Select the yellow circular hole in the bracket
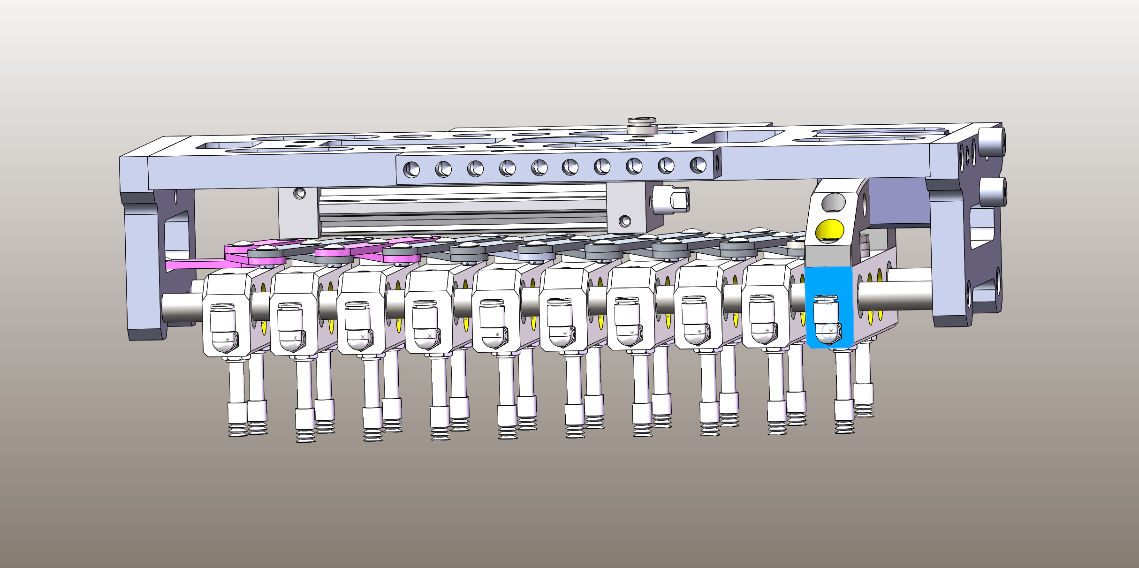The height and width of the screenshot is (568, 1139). click(829, 230)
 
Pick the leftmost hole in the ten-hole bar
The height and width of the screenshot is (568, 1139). click(411, 169)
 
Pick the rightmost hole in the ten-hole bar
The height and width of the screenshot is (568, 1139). click(698, 165)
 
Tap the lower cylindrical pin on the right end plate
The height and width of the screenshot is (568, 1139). click(993, 191)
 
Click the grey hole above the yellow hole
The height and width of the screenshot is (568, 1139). click(833, 202)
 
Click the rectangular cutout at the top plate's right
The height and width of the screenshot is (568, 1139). click(737, 136)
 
